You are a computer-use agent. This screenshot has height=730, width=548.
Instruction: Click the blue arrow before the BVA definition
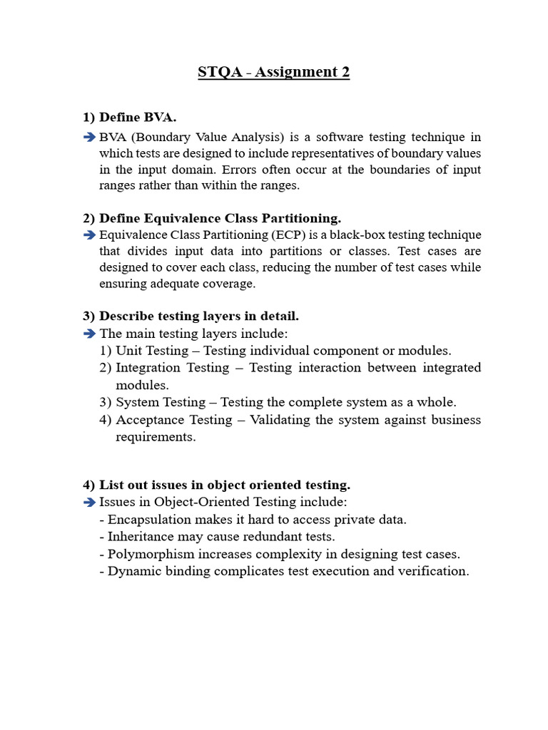[x=88, y=137]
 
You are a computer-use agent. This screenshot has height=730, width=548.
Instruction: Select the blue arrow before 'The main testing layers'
[x=88, y=334]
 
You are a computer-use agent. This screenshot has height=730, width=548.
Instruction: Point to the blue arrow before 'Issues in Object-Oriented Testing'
[x=88, y=503]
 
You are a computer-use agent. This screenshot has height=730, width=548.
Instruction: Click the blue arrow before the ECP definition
[x=88, y=235]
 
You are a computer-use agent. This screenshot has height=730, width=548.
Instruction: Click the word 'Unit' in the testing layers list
[x=129, y=351]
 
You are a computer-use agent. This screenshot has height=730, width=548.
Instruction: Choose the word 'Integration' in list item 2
[x=148, y=368]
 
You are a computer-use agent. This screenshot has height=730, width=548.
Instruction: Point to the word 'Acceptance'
[x=148, y=420]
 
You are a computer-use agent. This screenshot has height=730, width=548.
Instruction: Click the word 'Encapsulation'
[x=149, y=520]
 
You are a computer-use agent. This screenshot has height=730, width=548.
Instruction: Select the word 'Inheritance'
[x=141, y=537]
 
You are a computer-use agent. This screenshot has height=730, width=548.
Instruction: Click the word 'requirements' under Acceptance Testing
[x=155, y=437]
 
